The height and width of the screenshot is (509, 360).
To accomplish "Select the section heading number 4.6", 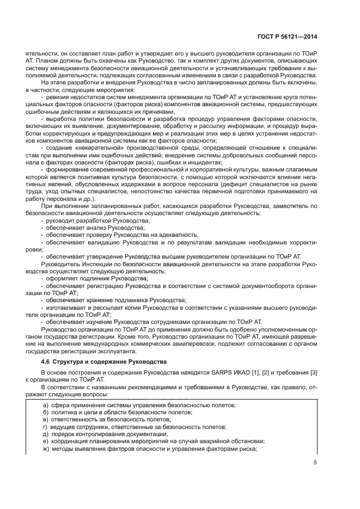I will coord(47,361).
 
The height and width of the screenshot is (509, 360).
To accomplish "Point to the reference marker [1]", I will coord(249,372).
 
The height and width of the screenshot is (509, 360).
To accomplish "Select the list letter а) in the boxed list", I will coord(46,406).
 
